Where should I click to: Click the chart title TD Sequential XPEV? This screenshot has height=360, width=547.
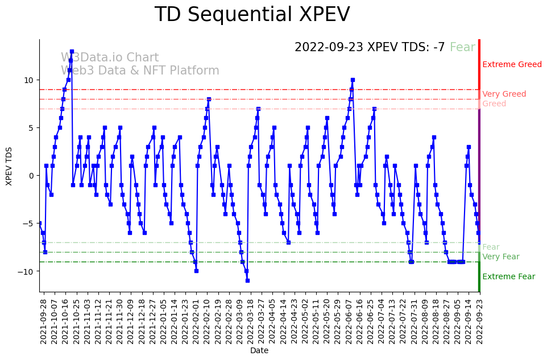pos(252,15)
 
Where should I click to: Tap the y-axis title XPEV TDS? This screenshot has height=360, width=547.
pos(9,165)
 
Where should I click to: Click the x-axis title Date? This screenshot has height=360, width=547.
pos(259,351)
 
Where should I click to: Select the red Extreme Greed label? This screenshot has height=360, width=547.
pos(512,65)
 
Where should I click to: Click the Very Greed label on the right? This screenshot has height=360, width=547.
pos(504,94)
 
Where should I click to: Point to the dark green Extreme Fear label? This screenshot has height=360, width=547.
pos(508,277)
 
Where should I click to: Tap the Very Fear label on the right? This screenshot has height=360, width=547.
pos(500,257)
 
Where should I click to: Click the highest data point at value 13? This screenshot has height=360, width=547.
pos(72,51)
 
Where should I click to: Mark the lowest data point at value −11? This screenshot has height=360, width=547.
pos(247,280)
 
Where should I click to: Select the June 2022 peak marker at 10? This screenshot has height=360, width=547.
pos(353,80)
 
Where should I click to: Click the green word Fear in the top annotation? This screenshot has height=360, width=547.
pos(462,47)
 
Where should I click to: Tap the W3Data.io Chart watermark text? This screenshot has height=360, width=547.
pos(110,58)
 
